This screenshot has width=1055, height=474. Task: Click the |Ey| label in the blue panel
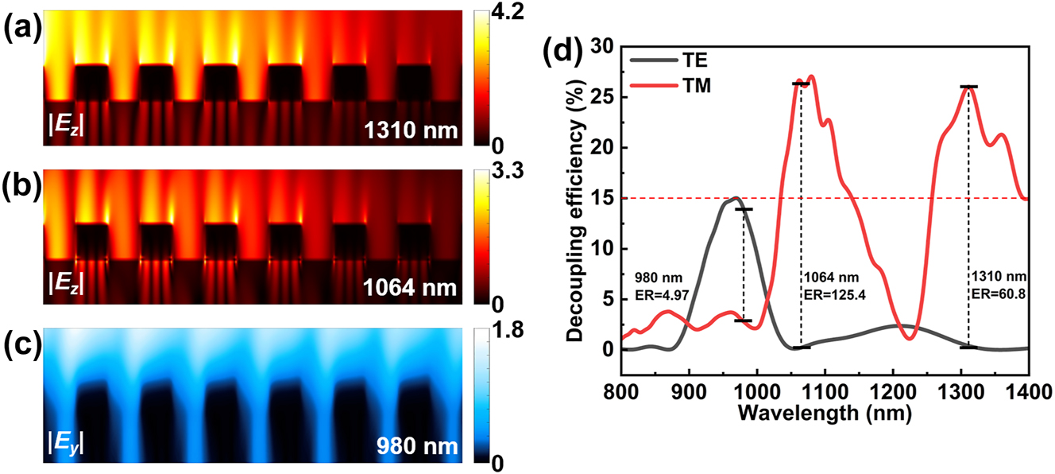click(x=68, y=445)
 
